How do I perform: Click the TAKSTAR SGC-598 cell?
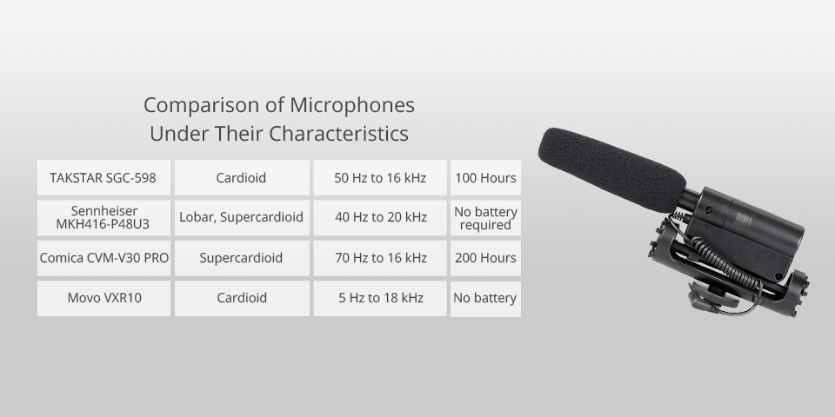coord(104,178)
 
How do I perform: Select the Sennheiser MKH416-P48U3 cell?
coord(104,218)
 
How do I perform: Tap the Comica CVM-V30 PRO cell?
coord(104,258)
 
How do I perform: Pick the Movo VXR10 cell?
coord(104,298)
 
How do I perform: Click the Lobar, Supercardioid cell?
coord(241,217)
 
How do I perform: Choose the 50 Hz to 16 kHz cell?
coord(380,178)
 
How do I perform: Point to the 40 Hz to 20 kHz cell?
coord(380,217)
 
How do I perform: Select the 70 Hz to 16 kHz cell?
coord(380,258)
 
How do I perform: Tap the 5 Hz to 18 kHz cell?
coord(380,298)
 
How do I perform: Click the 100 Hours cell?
coord(485,178)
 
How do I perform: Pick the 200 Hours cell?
coord(485,258)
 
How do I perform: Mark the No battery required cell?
coord(485,218)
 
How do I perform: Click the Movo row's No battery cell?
coord(485,298)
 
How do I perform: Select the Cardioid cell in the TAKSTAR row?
coord(241,178)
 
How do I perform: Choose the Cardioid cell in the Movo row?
coord(241,298)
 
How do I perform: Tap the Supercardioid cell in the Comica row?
coord(241,258)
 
